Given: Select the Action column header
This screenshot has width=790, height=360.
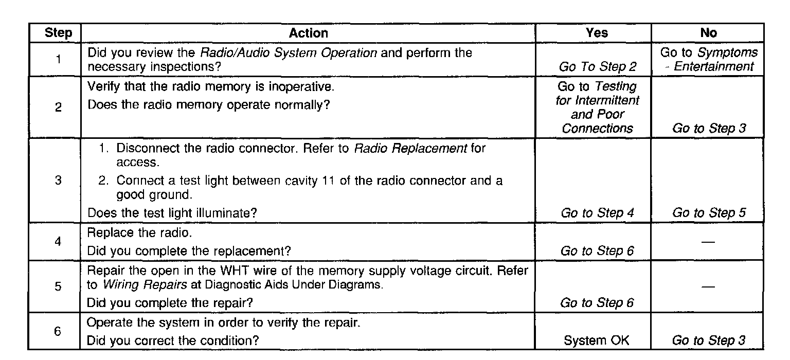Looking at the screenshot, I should pos(308,33).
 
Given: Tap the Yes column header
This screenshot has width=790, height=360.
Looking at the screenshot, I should pos(597,33).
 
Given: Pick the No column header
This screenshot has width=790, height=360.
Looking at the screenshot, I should pos(708,33).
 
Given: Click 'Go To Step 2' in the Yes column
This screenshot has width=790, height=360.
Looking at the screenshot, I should pos(597,66).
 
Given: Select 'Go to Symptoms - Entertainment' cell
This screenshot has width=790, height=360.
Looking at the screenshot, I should pos(708,59).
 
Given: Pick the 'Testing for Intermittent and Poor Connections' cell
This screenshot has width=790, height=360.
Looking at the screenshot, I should pos(597,107).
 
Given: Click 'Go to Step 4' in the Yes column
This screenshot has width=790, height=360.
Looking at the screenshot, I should pos(597,213).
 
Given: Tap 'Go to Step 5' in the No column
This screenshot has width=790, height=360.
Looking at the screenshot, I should pos(709,213).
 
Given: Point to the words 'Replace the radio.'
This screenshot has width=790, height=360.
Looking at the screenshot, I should pos(139,232).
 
